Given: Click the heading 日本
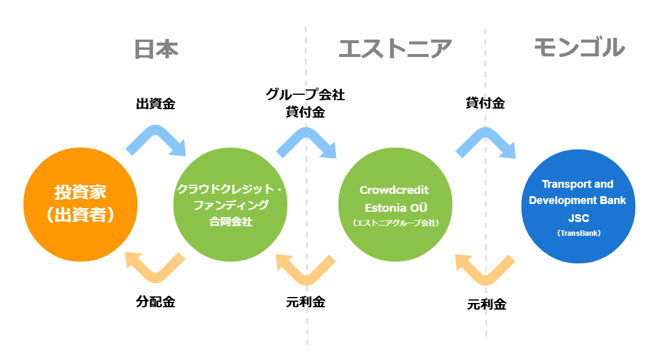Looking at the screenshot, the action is point(156,49).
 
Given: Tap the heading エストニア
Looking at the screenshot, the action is point(395,49).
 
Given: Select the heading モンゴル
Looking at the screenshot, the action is point(580,47).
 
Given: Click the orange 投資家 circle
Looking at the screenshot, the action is point(80,205).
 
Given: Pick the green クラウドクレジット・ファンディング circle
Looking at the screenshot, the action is point(230,205).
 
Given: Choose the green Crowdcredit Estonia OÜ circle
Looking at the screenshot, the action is point(395,205).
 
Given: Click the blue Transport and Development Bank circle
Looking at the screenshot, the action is point(578,206).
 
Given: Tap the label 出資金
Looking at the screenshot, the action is point(155,104).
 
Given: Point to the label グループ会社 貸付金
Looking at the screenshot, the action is point(305,103).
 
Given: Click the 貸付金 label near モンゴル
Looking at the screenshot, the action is point(485,103).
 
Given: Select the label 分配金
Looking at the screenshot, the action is point(155,301).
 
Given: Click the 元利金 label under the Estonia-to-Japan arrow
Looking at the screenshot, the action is point(305,302).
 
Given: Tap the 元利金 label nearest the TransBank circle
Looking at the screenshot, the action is point(487,304).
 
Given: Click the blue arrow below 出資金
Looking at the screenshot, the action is point(155,131).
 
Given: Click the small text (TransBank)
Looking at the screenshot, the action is point(579,233).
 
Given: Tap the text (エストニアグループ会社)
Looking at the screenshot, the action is point(395,223).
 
